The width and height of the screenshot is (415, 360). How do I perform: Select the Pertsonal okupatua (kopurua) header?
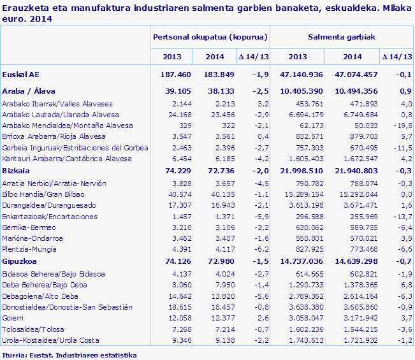[210, 37]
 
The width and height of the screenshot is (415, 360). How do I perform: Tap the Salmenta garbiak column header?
[341, 37]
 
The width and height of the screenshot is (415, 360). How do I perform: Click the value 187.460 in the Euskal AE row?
[177, 75]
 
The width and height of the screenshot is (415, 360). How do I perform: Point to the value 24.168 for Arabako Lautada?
[179, 115]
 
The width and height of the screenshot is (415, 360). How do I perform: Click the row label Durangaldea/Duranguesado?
[49, 206]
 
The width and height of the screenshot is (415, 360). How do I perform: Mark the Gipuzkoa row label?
[20, 261]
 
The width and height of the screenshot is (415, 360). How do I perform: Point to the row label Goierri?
[14, 318]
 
